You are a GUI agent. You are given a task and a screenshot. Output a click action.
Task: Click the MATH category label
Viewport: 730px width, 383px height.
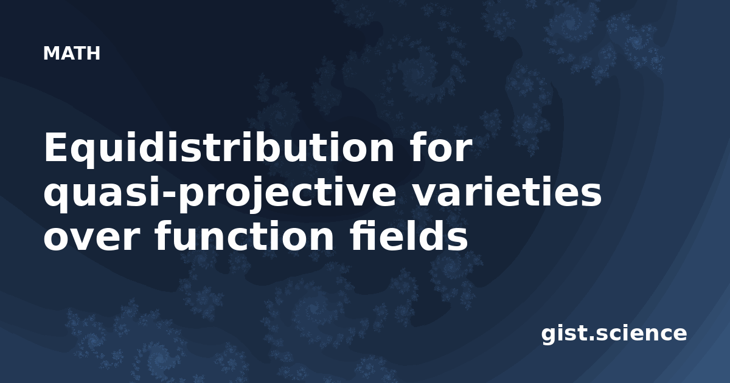tap(72, 53)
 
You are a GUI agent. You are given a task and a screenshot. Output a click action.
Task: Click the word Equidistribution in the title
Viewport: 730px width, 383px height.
tap(219, 148)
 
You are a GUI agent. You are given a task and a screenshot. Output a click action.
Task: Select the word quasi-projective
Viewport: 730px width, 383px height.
tap(220, 194)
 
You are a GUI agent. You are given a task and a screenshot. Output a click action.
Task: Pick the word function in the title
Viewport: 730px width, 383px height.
tap(244, 235)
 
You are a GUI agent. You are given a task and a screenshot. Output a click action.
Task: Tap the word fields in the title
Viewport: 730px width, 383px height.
tap(409, 235)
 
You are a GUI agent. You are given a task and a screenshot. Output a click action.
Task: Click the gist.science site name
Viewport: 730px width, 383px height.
tap(614, 334)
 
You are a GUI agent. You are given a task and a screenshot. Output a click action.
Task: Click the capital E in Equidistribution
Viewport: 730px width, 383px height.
tap(57, 147)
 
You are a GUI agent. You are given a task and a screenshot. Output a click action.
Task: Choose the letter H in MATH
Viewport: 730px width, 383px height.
tap(93, 53)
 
